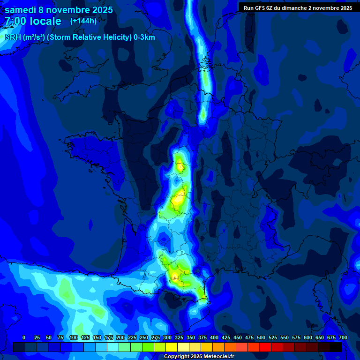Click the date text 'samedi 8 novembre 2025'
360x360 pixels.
pyautogui.click(x=59, y=10)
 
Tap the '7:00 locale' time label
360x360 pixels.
pyautogui.click(x=33, y=21)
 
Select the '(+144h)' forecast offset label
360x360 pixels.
pyautogui.click(x=84, y=21)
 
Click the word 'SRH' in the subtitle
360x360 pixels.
pyautogui.click(x=13, y=37)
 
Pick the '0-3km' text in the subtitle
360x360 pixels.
pyautogui.click(x=144, y=37)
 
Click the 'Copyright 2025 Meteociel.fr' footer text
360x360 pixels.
pyautogui.click(x=199, y=357)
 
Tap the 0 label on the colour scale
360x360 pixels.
pyautogui.click(x=24, y=337)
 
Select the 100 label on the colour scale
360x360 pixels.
pyautogui.click(x=73, y=337)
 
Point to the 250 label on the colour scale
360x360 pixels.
pyautogui.click(x=144, y=337)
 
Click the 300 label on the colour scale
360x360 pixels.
pyautogui.click(x=167, y=337)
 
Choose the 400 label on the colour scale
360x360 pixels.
pyautogui.click(x=214, y=337)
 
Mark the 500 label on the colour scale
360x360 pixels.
pyautogui.click(x=261, y=337)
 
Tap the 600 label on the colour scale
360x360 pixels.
pyautogui.click(x=308, y=337)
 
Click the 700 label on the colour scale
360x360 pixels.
pyautogui.click(x=343, y=337)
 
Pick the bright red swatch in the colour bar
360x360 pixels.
pyautogui.click(x=265, y=347)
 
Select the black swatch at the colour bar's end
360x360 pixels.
pyautogui.click(x=336, y=347)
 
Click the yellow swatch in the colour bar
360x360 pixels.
pyautogui.click(x=172, y=347)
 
